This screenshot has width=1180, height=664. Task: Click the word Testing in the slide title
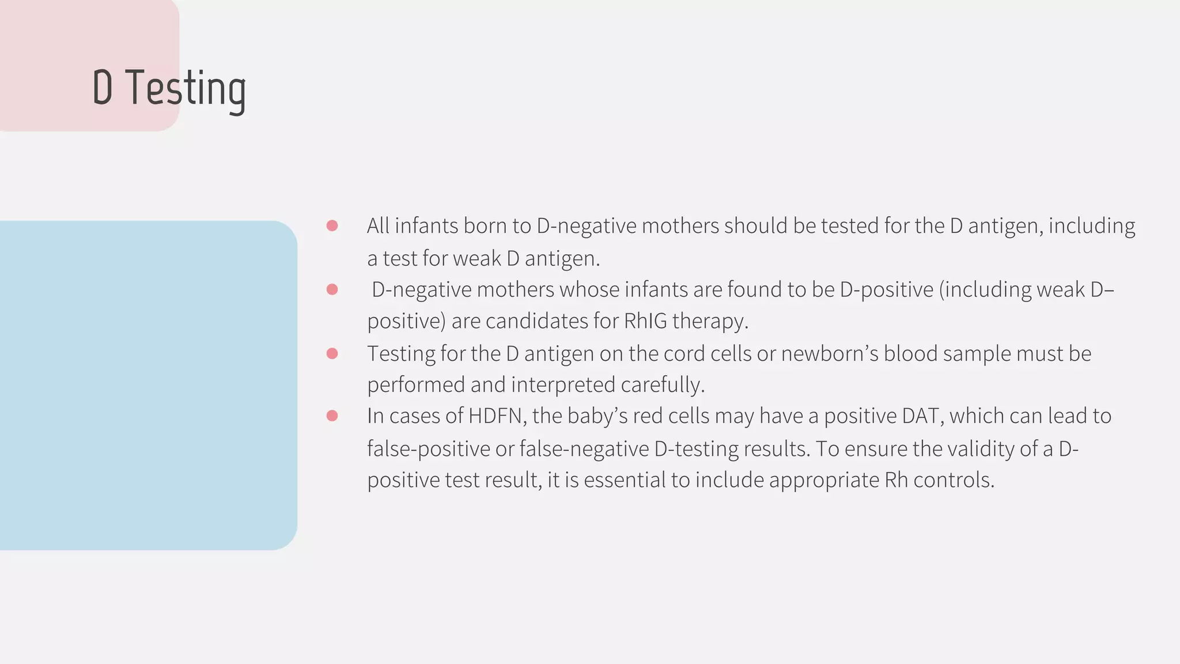click(x=186, y=88)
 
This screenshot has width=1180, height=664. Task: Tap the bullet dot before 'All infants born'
click(x=332, y=225)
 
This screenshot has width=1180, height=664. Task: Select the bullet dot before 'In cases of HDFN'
click(x=332, y=416)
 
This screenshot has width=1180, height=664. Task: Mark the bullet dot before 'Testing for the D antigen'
click(x=332, y=353)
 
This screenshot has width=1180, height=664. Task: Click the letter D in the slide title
click(x=103, y=88)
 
